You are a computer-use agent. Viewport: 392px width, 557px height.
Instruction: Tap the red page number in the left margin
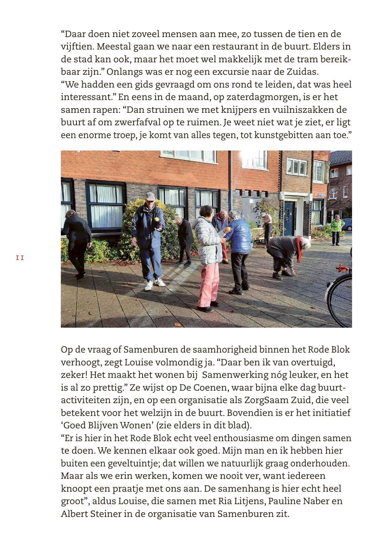click(20, 258)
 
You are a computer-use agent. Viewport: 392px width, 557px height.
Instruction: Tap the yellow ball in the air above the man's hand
click(157, 220)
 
